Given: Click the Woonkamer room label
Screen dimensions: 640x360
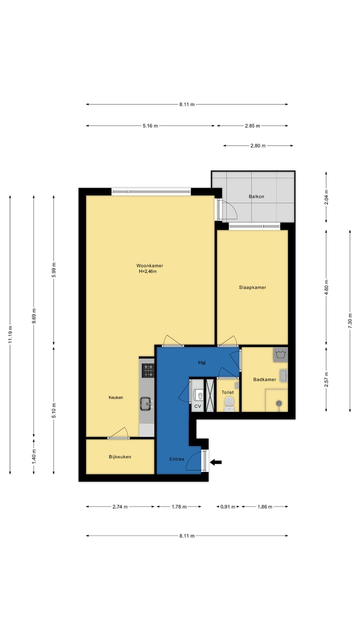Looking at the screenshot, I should [x=149, y=265].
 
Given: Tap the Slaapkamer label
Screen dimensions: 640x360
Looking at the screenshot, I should [x=252, y=287].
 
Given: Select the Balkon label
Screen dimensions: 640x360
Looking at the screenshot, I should [x=256, y=196].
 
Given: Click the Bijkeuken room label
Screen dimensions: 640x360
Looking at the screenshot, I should [x=120, y=456].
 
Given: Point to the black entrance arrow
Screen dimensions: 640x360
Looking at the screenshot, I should [x=215, y=462].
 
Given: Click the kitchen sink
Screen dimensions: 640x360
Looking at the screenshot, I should [x=146, y=403].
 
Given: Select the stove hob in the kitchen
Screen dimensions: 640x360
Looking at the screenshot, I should [x=148, y=370].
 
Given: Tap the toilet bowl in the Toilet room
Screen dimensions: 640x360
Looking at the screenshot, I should [x=228, y=403].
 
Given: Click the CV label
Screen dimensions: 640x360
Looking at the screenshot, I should [x=197, y=406].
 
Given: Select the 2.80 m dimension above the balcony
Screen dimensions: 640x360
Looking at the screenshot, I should [x=258, y=146].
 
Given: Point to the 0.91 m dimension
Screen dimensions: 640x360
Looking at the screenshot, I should [x=227, y=506].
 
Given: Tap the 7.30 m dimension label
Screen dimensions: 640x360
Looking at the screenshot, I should [x=350, y=320].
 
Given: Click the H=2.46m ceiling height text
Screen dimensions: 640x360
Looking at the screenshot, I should [x=148, y=271].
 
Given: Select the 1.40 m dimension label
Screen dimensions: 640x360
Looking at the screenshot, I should [x=33, y=456].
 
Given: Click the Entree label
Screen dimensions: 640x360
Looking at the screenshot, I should [x=176, y=459].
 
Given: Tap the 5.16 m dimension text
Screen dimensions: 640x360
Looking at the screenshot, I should [x=150, y=126].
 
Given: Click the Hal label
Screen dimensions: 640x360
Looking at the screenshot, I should [x=202, y=363].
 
